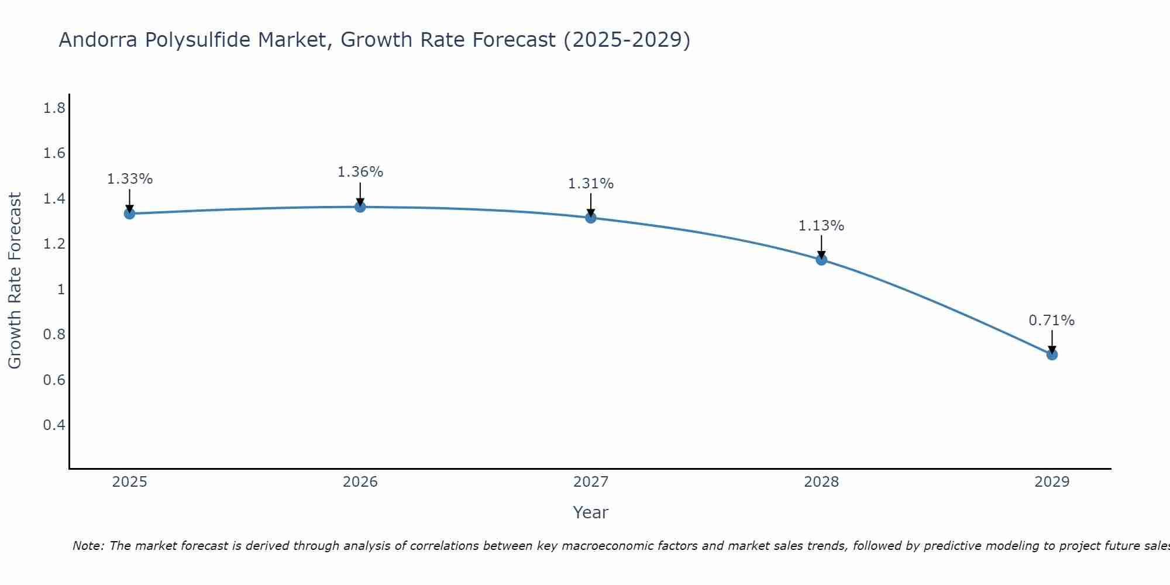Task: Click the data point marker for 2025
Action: click(x=129, y=214)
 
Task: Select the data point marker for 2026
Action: click(x=360, y=207)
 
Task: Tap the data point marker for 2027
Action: click(x=591, y=218)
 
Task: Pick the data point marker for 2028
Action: click(x=821, y=260)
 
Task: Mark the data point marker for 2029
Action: click(x=1052, y=355)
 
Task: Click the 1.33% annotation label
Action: click(x=129, y=179)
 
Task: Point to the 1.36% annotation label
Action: click(x=360, y=172)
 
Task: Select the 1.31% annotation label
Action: click(x=591, y=184)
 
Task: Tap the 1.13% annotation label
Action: click(x=821, y=226)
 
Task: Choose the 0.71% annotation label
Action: click(x=1052, y=321)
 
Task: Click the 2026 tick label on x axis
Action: click(x=360, y=482)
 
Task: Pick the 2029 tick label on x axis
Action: click(x=1052, y=482)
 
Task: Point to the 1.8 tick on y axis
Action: click(x=54, y=108)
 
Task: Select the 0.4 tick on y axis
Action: click(x=54, y=425)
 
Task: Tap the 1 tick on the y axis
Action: click(x=61, y=289)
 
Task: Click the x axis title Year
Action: click(x=590, y=512)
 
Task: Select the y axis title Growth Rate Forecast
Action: click(x=15, y=281)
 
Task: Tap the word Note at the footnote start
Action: click(x=88, y=546)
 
